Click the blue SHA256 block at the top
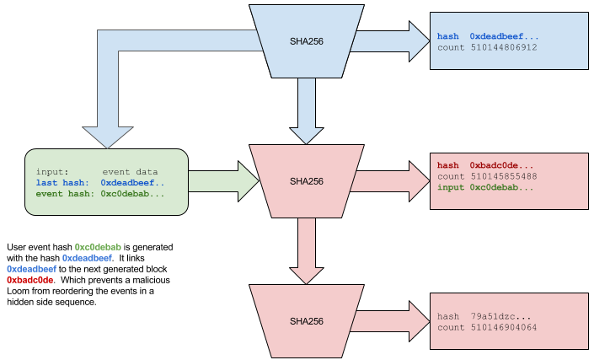click(307, 40)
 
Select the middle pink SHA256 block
click(307, 181)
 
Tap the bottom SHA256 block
click(307, 321)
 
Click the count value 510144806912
click(503, 47)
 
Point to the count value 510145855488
click(503, 176)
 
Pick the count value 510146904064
click(503, 327)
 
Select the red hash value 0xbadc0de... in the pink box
click(502, 165)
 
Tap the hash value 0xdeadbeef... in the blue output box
click(504, 36)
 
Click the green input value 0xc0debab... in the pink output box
click(502, 187)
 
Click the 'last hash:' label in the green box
click(62, 183)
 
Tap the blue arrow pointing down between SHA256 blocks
click(307, 110)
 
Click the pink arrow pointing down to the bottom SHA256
click(307, 250)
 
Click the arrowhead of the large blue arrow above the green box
click(107, 136)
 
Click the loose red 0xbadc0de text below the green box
click(30, 280)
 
